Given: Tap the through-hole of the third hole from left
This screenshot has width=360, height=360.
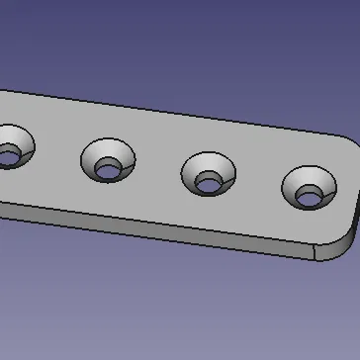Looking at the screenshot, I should click(210, 182).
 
